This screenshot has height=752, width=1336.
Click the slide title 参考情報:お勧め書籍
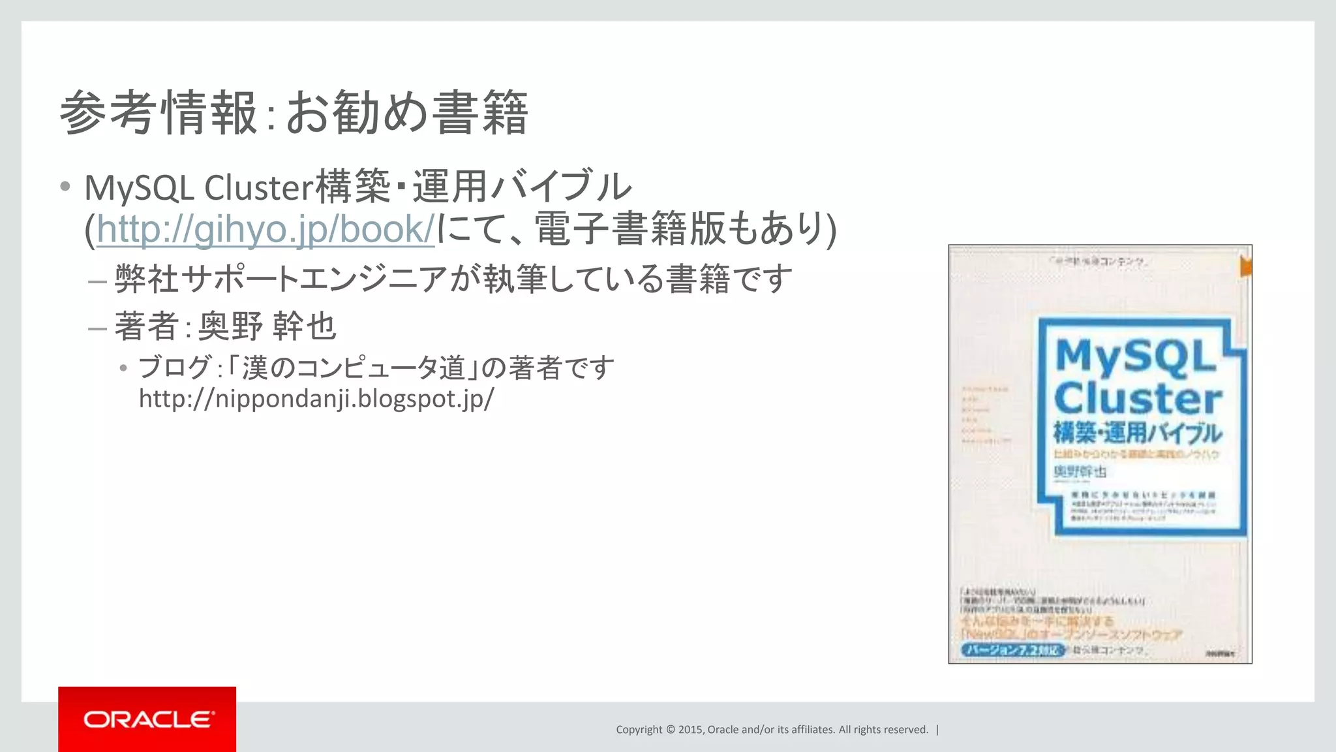tap(294, 113)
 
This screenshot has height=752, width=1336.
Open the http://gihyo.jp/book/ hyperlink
tap(266, 230)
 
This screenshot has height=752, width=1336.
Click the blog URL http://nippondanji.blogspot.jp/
tap(316, 398)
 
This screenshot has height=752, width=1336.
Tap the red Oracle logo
tap(147, 719)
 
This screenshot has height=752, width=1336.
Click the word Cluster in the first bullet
tap(259, 188)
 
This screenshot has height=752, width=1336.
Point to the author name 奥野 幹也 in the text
tap(267, 326)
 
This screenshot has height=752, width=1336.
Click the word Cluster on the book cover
tap(1138, 398)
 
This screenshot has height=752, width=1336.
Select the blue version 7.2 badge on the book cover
tap(1012, 650)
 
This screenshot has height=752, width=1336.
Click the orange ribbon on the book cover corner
tap(1245, 266)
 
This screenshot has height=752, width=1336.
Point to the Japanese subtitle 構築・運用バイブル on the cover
tap(1138, 433)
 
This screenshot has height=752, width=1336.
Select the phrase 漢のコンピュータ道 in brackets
tap(353, 368)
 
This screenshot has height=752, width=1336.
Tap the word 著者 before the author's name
tap(147, 326)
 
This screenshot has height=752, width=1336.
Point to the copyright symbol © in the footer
tap(669, 730)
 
